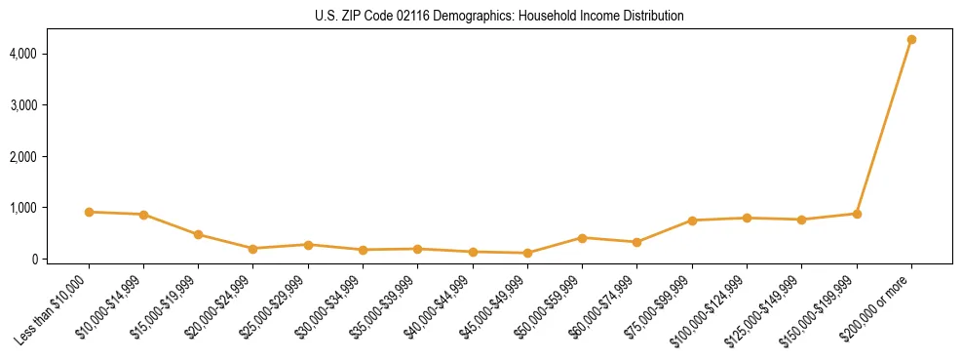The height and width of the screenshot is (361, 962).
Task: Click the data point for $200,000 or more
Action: coord(911,40)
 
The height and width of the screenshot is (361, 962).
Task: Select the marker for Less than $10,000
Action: coord(89,212)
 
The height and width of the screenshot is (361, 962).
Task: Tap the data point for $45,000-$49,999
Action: coord(527,254)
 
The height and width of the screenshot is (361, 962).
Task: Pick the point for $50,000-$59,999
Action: coord(582,238)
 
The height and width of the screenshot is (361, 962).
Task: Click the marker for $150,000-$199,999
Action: coord(857,214)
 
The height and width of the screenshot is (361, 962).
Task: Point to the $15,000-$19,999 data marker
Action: coord(198,235)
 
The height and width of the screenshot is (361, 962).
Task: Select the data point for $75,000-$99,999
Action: coord(692,221)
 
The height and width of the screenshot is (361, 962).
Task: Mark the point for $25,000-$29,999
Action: coord(308,245)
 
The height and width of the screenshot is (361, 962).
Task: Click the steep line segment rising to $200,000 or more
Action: coord(884,127)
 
